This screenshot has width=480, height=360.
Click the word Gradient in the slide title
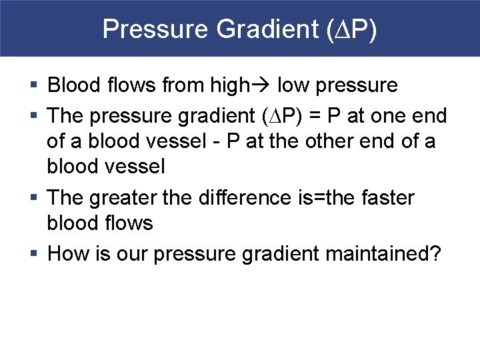253,29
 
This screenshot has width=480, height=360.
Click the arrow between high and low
262,85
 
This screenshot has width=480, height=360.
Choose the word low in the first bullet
292,85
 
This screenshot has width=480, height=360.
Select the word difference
257,198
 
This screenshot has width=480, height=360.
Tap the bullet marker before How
35,254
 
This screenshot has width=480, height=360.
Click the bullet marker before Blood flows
35,85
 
